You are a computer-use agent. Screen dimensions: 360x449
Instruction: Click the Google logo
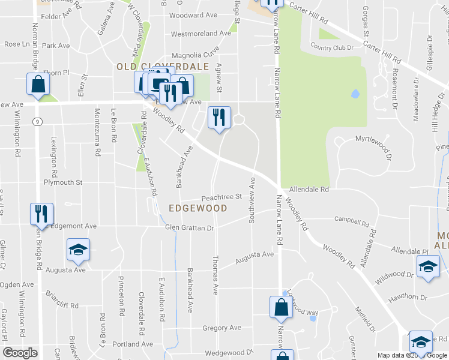click(20, 353)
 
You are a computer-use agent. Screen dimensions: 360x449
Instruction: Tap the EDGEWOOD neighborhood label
click(197, 208)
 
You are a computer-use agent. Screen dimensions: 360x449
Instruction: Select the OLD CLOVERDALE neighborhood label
click(162, 66)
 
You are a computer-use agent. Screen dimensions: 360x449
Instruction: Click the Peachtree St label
click(221, 196)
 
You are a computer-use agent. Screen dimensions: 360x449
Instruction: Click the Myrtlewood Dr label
click(373, 139)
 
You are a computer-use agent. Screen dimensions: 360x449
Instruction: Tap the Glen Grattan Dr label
click(189, 228)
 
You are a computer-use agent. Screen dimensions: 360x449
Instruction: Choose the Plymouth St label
click(62, 182)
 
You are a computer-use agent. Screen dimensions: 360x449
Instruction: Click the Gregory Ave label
click(221, 328)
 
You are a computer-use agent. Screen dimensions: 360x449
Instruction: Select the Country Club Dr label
click(331, 46)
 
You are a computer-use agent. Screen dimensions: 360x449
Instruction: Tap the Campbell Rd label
click(352, 222)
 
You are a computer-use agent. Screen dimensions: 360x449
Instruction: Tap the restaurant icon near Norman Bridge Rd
click(41, 214)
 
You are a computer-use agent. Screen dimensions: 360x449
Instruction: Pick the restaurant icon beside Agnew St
click(219, 116)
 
